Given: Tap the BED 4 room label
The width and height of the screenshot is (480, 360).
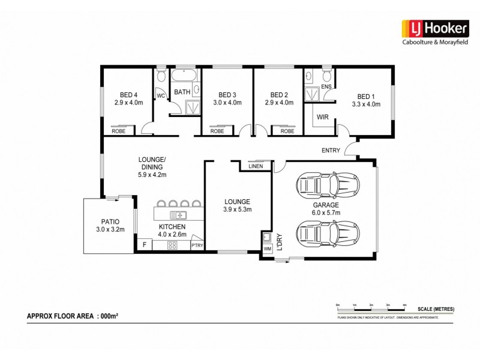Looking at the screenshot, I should point(128,95).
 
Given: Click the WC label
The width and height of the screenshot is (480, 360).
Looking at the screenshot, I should point(161,95).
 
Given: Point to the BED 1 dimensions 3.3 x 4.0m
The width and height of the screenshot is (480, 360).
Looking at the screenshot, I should point(366,104).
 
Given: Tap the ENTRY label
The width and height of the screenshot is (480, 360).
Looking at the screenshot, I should point(331,150).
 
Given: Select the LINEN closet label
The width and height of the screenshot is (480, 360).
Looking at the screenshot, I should point(256,166).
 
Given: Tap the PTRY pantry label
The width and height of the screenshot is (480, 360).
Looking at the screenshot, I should point(197,245).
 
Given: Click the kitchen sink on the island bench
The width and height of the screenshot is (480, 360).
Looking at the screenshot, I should point(178,214).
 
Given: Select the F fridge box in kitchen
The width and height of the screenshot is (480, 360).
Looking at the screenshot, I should point(144,245).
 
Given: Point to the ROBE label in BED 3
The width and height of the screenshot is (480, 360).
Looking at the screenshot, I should point(217,131).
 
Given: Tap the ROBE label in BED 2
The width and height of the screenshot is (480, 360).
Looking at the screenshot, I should point(287,131).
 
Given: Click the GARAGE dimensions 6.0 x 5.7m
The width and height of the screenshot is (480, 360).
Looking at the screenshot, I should point(325,212).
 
